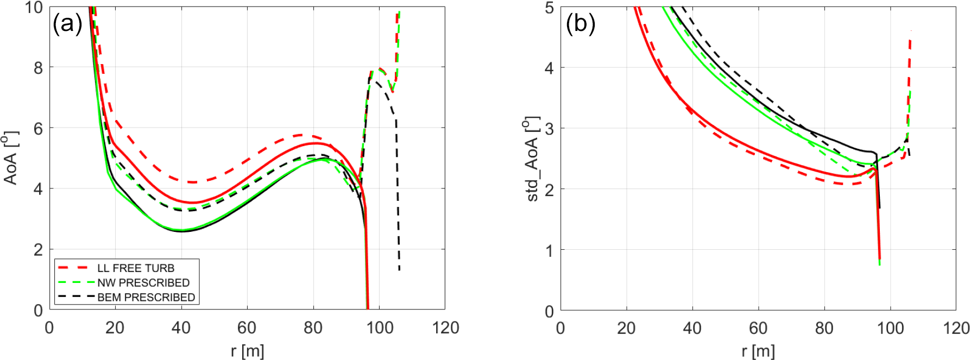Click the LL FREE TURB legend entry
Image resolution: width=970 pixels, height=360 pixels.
[x=136, y=268]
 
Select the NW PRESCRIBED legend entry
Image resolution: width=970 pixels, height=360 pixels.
[x=143, y=283]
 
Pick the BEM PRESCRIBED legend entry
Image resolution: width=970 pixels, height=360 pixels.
[x=146, y=298]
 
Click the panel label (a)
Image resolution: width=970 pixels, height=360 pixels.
[x=67, y=24]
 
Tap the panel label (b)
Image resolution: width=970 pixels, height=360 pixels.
[x=581, y=24]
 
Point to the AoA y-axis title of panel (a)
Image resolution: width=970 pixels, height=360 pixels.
[x=11, y=157]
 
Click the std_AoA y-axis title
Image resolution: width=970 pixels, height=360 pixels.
[x=532, y=159]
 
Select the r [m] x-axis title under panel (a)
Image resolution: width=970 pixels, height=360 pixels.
[x=247, y=351]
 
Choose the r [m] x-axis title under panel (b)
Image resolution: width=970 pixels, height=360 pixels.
[x=758, y=351]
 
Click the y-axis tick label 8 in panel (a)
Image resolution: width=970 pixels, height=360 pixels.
[x=38, y=68]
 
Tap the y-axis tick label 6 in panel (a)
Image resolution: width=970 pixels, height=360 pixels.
[x=38, y=129]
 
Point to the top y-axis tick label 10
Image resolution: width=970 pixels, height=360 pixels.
[x=34, y=8]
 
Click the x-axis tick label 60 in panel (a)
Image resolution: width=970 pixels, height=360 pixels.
[x=247, y=328]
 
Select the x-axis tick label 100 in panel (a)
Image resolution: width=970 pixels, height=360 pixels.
[x=379, y=328]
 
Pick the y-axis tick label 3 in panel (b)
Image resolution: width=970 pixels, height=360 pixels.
[x=549, y=129]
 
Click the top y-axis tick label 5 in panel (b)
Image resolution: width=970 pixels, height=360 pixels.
[x=549, y=8]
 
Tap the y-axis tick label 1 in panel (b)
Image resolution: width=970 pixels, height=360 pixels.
[x=549, y=250]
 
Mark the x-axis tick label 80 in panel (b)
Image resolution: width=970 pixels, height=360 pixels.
[x=824, y=328]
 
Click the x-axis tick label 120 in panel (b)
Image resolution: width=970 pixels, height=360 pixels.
[x=956, y=328]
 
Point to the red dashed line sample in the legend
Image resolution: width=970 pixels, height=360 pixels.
[x=73, y=268]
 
